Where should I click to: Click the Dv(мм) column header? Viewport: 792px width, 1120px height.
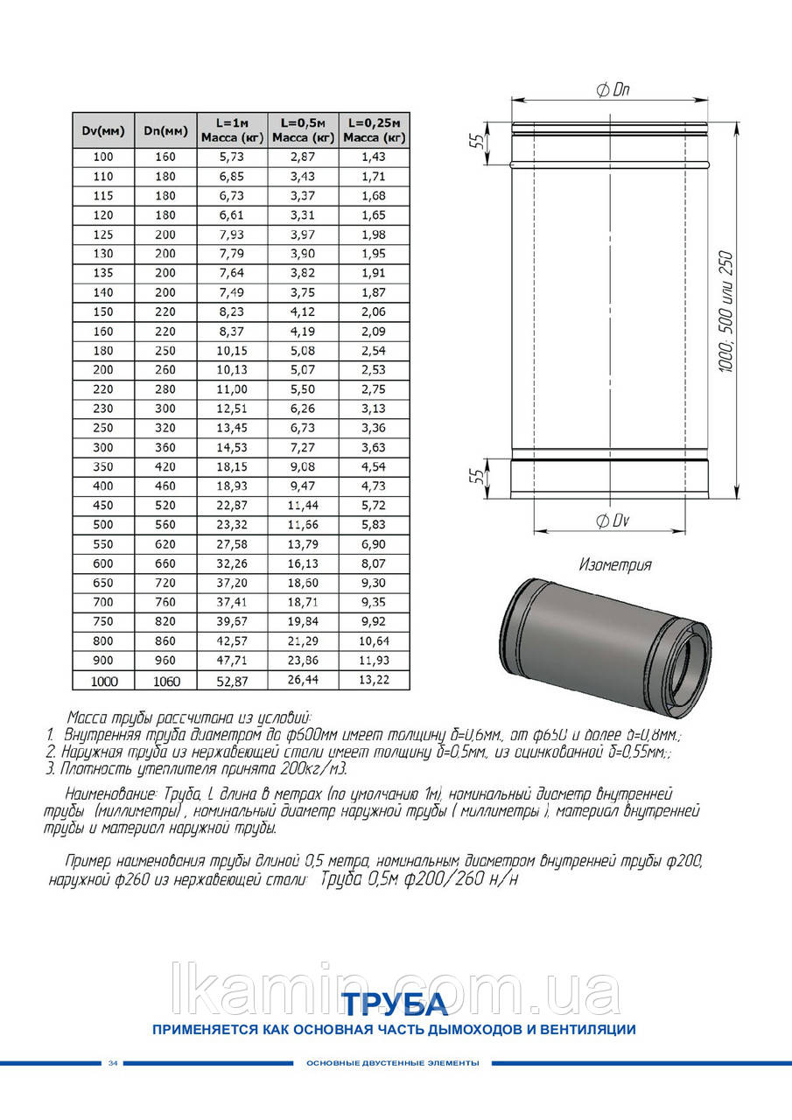103,131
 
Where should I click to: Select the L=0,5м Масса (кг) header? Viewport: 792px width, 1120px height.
304,130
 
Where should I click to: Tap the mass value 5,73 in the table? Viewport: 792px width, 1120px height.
230,157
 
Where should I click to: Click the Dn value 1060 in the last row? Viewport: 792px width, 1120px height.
159,680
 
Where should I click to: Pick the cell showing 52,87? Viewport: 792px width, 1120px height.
230,679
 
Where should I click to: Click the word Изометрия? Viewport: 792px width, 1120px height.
615,564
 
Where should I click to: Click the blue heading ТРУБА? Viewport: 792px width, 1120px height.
394,1003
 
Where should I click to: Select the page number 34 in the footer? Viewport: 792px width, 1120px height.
113,1063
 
